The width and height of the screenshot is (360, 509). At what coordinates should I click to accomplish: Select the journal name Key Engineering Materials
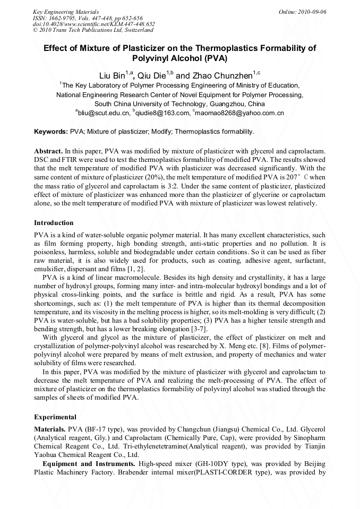tap(65, 11)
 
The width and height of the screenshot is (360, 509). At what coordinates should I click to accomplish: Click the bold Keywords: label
tap(51, 131)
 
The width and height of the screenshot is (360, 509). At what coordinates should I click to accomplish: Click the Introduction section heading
tap(54, 223)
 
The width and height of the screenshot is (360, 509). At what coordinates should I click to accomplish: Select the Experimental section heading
tap(55, 417)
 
